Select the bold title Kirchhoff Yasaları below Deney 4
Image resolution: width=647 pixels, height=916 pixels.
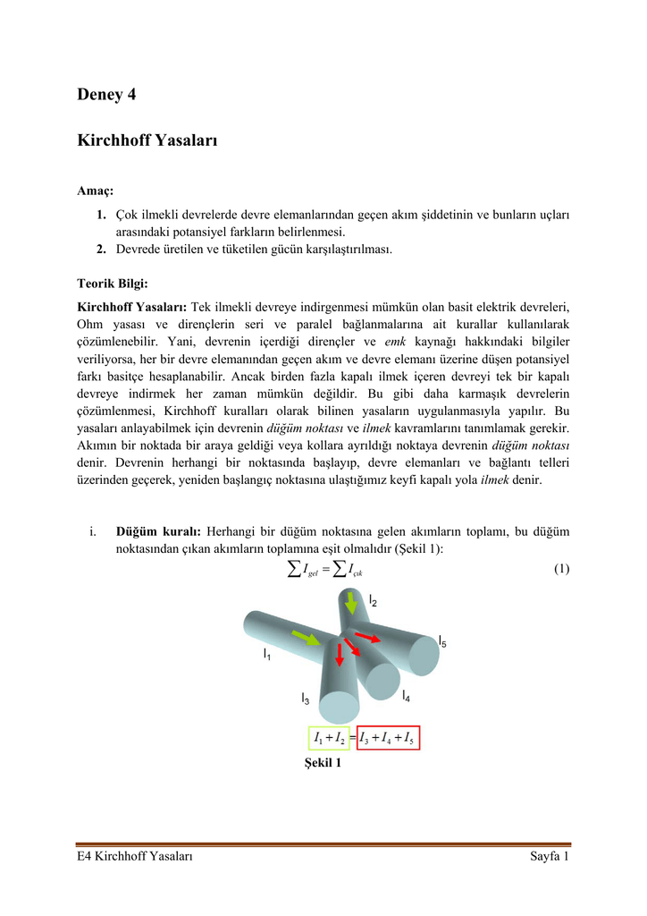(147, 140)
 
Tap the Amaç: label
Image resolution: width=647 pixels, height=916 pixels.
(96, 191)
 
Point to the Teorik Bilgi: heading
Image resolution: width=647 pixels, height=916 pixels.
(119, 284)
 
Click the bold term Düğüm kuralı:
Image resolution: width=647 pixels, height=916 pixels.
(151, 533)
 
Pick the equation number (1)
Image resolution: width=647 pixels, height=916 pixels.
(561, 569)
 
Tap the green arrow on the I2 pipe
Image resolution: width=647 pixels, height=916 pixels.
(351, 608)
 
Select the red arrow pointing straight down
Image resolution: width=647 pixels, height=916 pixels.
(340, 654)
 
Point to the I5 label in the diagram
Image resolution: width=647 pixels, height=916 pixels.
(442, 641)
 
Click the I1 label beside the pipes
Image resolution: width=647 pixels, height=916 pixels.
(266, 655)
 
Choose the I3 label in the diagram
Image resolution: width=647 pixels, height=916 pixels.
(305, 698)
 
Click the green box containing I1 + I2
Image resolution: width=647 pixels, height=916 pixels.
(330, 738)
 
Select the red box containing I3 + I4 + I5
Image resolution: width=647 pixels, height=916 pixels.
(387, 738)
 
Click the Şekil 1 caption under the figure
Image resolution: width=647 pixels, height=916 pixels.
(323, 765)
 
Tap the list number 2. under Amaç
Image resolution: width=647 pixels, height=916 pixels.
(102, 249)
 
